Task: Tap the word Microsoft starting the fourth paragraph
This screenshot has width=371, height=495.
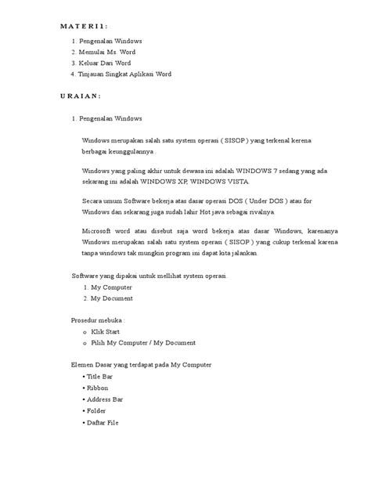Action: click(x=99, y=231)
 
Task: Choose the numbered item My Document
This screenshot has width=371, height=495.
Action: click(x=111, y=298)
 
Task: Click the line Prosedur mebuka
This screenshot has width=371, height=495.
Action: click(x=99, y=320)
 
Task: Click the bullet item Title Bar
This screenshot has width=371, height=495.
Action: click(x=99, y=377)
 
